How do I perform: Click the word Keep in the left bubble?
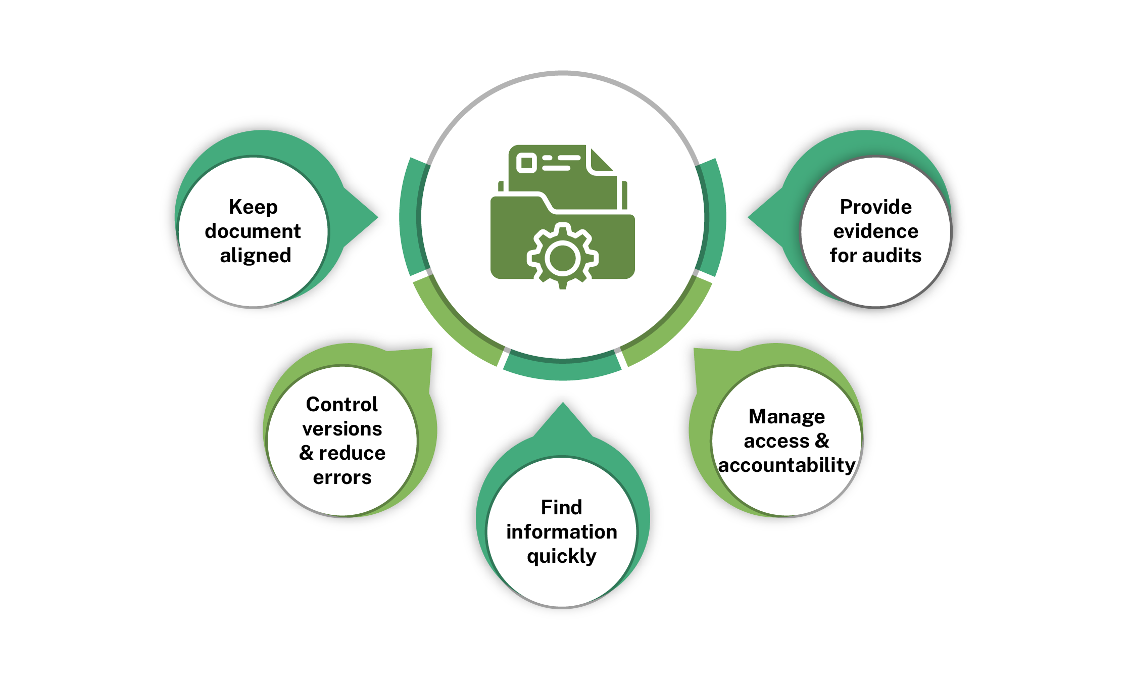[x=253, y=207]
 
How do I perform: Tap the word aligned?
[x=256, y=256]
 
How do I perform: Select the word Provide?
[x=875, y=207]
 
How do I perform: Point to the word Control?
[x=342, y=405]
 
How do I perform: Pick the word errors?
[x=342, y=477]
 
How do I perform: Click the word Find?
[x=561, y=507]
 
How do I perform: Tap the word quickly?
[x=561, y=556]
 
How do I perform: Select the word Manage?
[x=787, y=417]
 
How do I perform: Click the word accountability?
[x=787, y=465]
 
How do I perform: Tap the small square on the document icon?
[x=526, y=163]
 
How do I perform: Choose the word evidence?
[x=875, y=231]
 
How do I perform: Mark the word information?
[x=561, y=532]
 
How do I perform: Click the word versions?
[x=342, y=429]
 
